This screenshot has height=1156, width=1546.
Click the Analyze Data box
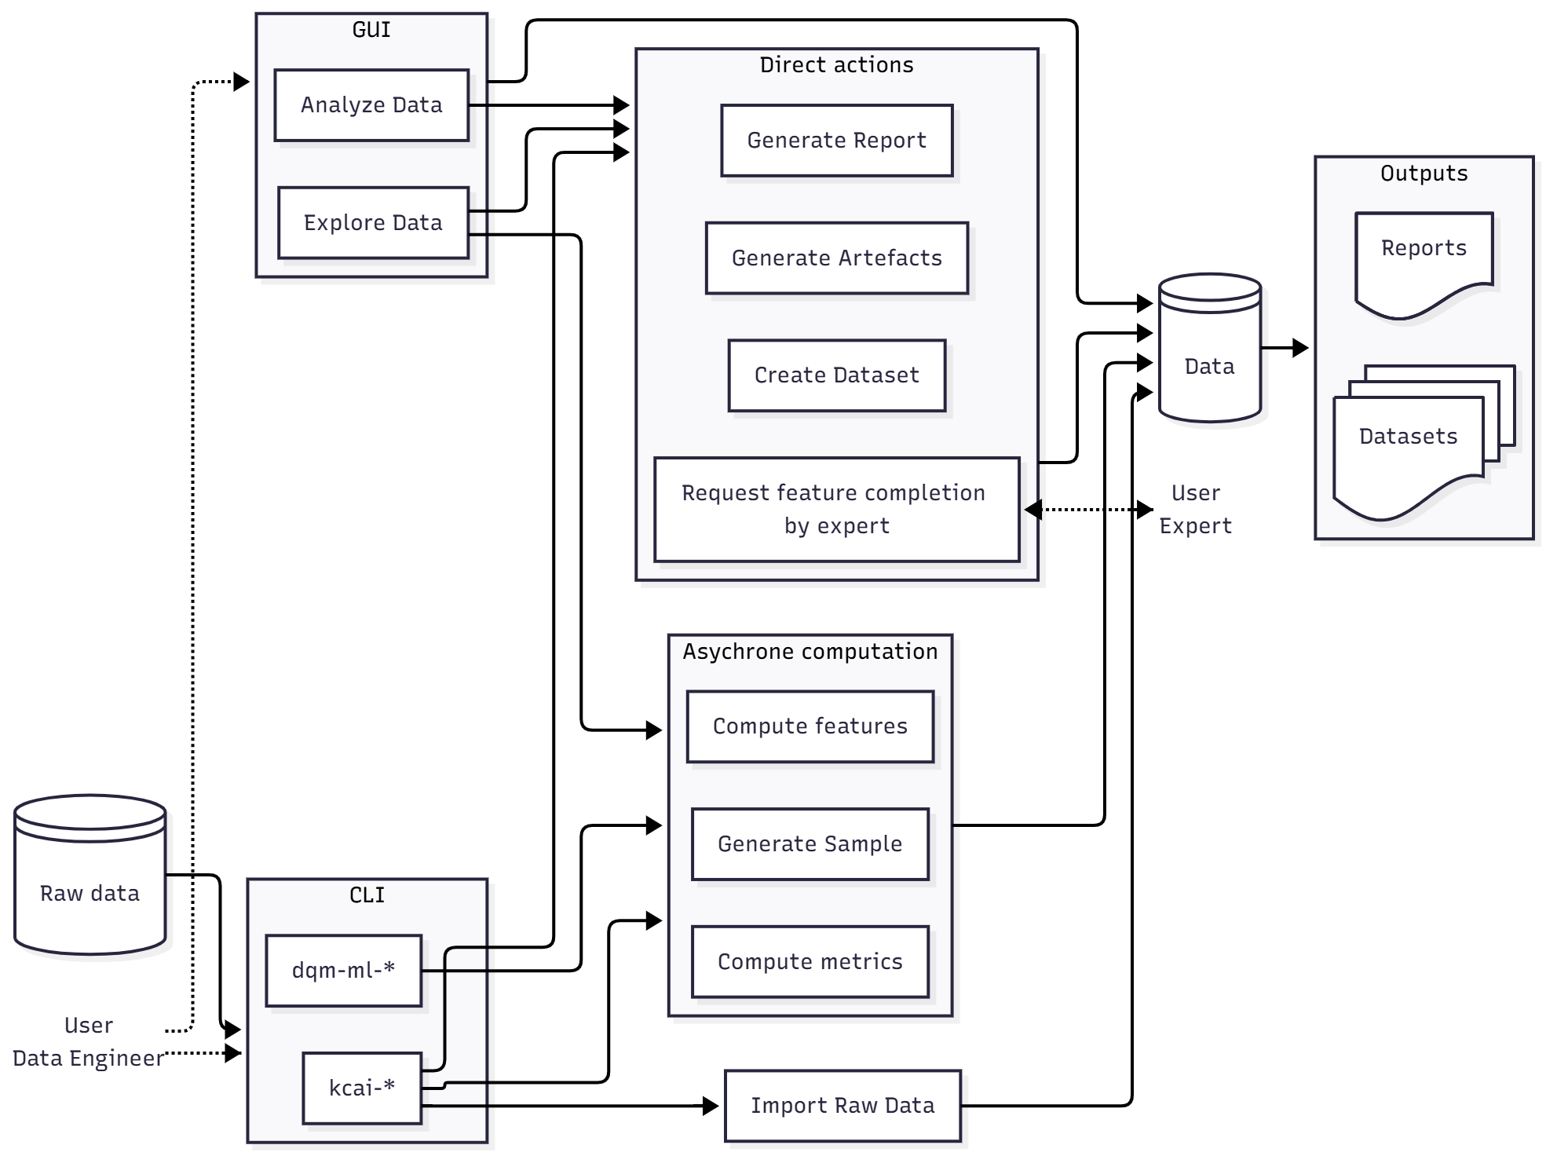click(x=371, y=105)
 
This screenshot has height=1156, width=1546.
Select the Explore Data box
click(x=373, y=223)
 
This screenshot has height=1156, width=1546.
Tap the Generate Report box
click(x=836, y=141)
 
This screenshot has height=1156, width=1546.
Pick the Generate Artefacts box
click(x=836, y=258)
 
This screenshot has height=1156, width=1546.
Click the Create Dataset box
click(x=836, y=375)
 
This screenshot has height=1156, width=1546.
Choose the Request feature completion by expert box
click(x=836, y=510)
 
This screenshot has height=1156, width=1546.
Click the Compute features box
click(x=810, y=726)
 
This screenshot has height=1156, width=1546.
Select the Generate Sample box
click(x=810, y=844)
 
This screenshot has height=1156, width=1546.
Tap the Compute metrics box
click(x=810, y=962)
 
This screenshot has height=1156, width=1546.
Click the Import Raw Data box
click(x=842, y=1106)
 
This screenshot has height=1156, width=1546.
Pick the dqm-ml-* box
click(x=343, y=971)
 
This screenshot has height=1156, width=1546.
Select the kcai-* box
click(x=361, y=1088)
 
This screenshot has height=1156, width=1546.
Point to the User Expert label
click(x=1195, y=510)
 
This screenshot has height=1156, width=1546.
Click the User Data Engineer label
click(x=88, y=1042)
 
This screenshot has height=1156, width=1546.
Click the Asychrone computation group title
click(x=810, y=652)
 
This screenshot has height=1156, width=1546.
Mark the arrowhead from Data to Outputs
click(x=1300, y=348)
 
